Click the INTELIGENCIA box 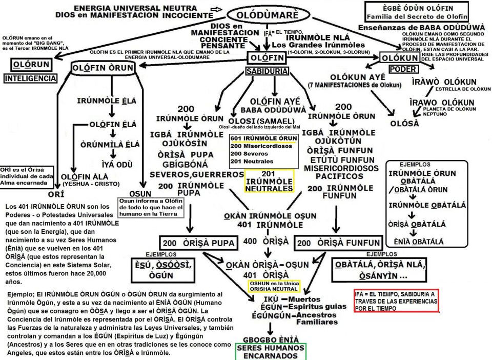pos(30,78)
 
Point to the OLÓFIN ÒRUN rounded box pos(103,69)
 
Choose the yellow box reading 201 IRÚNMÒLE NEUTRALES pos(270,181)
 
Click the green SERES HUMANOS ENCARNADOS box pos(270,351)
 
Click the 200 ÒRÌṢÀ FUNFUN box pos(338,243)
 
